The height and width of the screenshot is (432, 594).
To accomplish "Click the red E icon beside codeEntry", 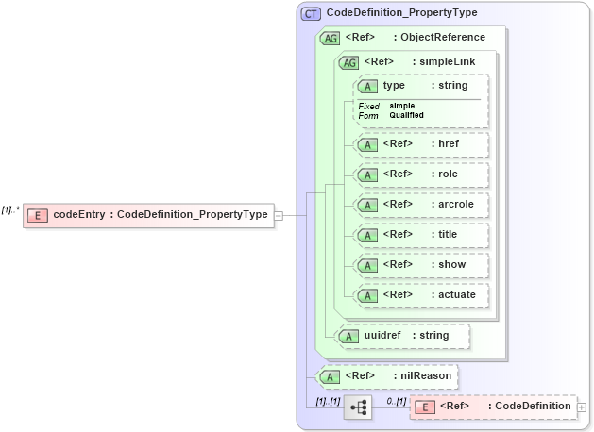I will point(37,215).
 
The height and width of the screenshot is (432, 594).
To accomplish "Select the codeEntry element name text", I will point(79,215).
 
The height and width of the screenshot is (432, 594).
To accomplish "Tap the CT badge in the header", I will point(311,13).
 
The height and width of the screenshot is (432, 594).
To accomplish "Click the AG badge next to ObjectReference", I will point(331,38).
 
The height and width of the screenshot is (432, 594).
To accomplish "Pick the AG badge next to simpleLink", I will point(349,62).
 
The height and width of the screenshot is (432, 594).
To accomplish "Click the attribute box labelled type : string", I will point(419,87).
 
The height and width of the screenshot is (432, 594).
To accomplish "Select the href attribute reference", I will point(419,145).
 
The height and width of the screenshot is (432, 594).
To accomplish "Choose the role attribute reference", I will point(419,174).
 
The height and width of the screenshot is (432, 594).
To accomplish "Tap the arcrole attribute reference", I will point(419,205).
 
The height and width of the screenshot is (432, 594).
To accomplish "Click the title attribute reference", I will point(419,235).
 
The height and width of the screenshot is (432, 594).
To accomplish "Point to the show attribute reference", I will point(419,265).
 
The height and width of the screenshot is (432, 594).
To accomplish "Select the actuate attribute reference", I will point(419,295).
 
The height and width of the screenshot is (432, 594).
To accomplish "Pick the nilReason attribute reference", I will point(388,376).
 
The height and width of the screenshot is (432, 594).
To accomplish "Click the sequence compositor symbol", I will point(358,407).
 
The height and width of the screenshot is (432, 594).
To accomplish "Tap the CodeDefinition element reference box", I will point(492,407).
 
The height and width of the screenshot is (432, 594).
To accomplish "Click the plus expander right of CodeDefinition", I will point(582,407).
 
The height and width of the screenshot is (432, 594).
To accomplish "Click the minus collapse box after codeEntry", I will point(279,215).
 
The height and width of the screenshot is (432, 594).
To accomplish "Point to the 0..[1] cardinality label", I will point(397,401).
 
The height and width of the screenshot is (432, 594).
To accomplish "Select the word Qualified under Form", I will point(407,115).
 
